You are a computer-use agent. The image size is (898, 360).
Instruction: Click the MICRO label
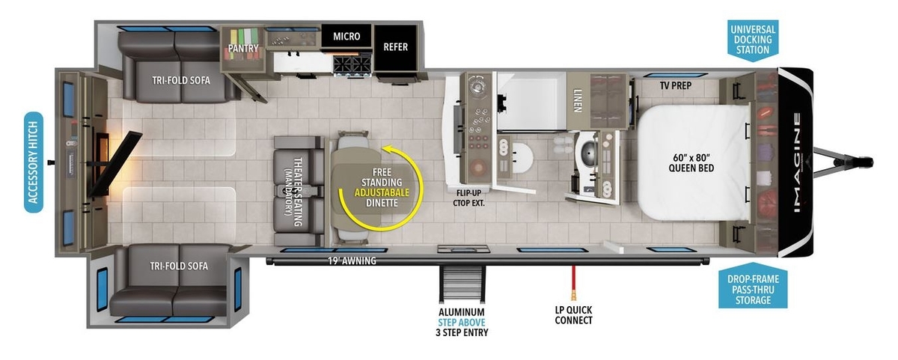[x=346, y=37]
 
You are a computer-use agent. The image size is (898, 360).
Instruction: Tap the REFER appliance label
[x=395, y=47]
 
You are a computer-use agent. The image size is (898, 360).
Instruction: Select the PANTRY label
[x=243, y=48]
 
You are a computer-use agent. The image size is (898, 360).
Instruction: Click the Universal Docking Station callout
[x=753, y=40]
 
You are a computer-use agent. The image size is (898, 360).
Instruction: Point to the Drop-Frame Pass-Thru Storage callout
[x=753, y=287]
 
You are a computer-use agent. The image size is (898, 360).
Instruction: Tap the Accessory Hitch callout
[x=34, y=162]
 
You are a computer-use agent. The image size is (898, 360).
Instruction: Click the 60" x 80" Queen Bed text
[x=691, y=162]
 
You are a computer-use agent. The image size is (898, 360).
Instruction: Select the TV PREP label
[x=676, y=85]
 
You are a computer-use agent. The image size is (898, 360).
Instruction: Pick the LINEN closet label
[x=578, y=100]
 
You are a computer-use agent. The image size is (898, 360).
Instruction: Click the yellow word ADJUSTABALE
[x=382, y=192]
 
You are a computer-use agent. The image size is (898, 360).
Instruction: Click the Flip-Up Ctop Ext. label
[x=468, y=198]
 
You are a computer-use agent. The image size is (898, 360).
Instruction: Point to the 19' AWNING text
[x=352, y=261]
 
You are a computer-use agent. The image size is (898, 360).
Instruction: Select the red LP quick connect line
[x=574, y=283]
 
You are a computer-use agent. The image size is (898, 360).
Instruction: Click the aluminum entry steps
[x=462, y=284]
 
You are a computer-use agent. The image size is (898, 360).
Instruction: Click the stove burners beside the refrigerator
[x=352, y=64]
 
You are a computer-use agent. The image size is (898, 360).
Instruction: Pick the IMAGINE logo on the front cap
[x=798, y=162]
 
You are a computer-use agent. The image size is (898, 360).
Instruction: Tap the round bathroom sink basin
[x=522, y=157]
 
